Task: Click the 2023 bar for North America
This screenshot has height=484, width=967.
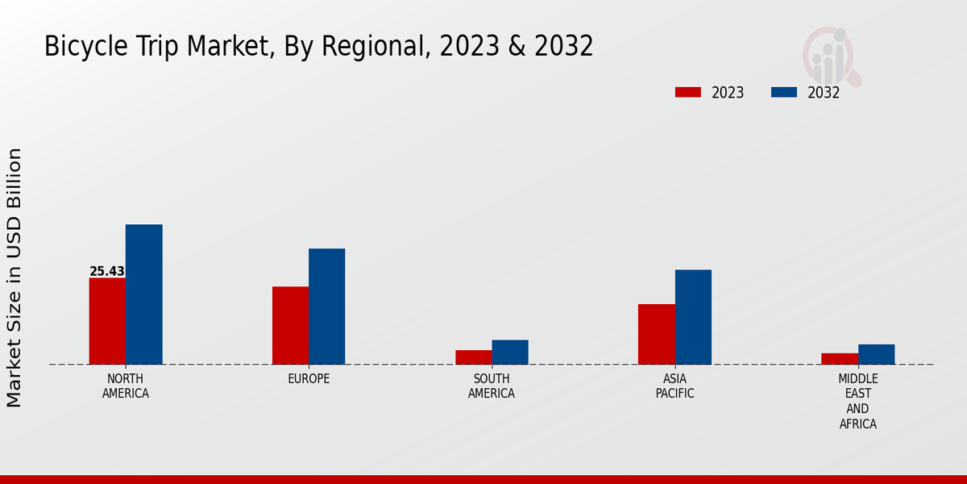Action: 107,321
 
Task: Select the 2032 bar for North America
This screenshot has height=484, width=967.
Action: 144,294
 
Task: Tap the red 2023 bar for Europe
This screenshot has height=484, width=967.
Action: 290,325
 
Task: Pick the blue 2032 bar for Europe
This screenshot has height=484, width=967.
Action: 326,307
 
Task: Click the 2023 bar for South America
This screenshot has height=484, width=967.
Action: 473,357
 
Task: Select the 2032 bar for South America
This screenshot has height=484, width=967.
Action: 510,352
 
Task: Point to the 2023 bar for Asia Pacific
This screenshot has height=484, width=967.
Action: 656,334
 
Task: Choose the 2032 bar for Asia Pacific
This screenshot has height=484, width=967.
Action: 693,317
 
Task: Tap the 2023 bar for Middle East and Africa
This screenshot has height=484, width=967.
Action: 840,359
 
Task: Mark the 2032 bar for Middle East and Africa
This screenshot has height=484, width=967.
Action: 876,354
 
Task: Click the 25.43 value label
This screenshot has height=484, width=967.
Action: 107,272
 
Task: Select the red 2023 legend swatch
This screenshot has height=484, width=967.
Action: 687,92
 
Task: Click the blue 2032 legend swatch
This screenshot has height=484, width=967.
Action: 783,92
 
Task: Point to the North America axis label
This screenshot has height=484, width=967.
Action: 126,386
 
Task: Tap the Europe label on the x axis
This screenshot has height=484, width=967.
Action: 309,379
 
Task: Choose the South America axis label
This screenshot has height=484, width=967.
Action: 492,386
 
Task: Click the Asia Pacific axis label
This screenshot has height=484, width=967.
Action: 675,386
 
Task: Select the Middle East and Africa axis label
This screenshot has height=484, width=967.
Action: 858,401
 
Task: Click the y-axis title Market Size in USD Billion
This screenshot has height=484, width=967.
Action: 15,277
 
